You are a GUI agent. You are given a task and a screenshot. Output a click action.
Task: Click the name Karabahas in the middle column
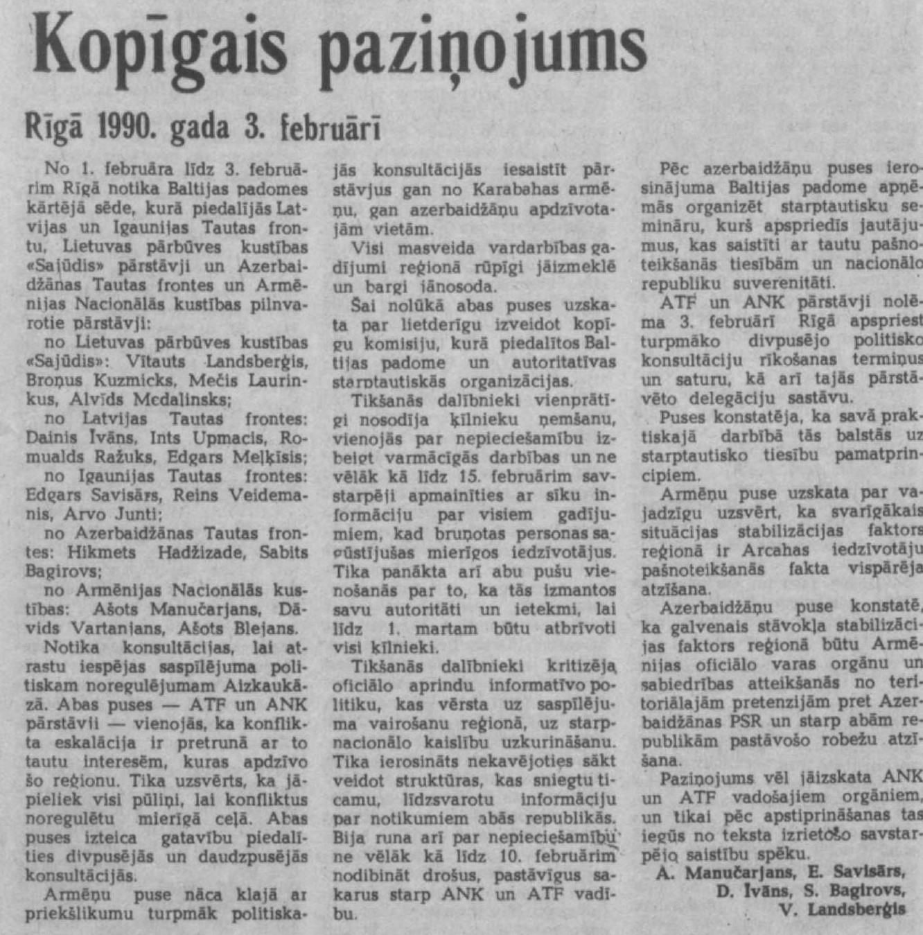(x=516, y=189)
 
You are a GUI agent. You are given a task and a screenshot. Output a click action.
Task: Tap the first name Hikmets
(x=102, y=552)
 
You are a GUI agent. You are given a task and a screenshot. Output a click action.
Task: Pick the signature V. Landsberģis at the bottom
(x=842, y=909)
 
